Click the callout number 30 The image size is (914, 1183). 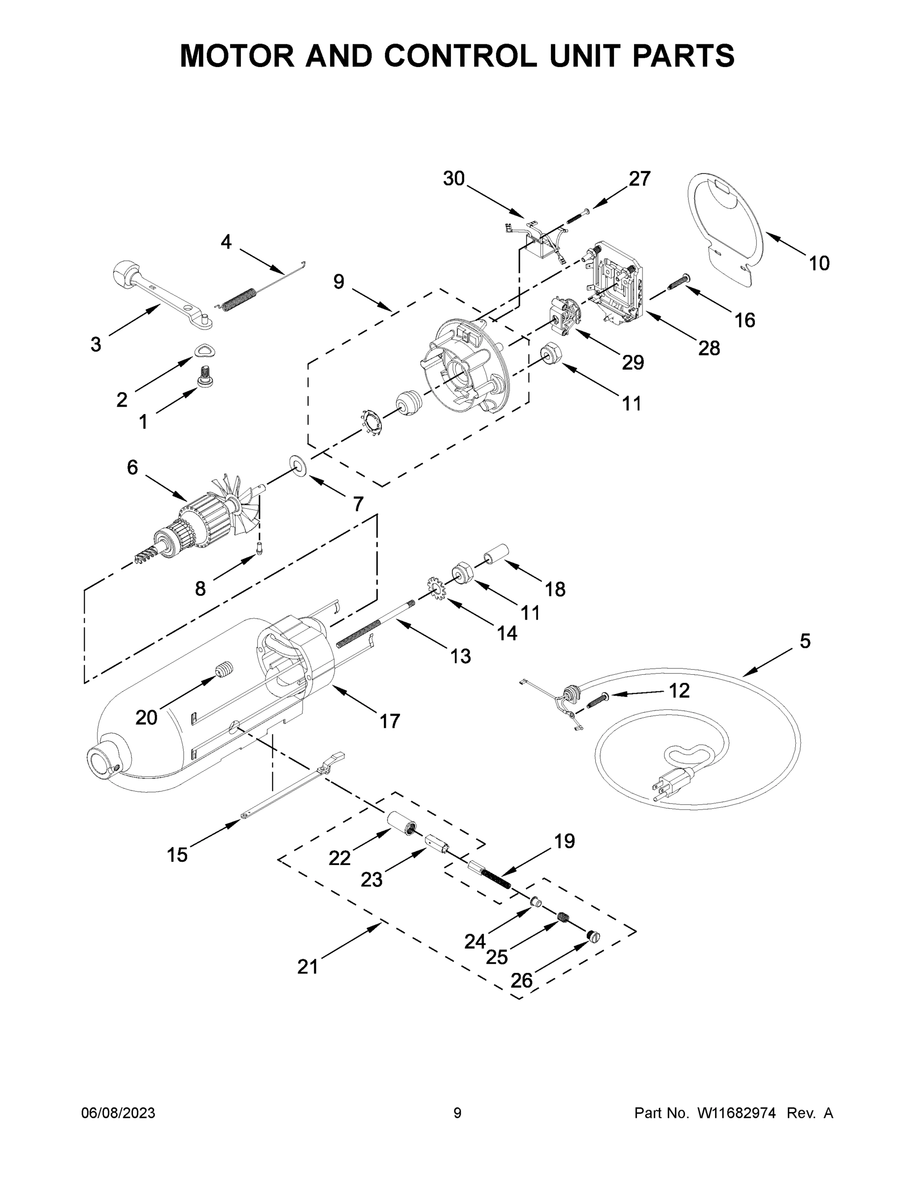click(454, 178)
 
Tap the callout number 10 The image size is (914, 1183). click(819, 263)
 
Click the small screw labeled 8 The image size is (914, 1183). click(259, 549)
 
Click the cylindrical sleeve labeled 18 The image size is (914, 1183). click(494, 554)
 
